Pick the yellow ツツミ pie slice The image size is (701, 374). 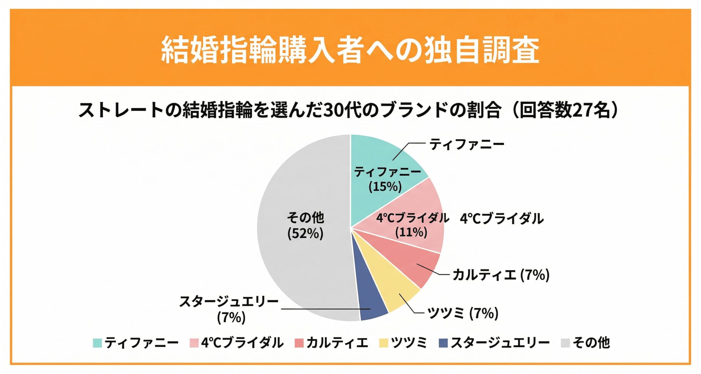point(394,293)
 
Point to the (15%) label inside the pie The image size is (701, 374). point(385,187)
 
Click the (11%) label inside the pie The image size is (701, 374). point(411,232)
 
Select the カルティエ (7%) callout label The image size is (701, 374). point(501,275)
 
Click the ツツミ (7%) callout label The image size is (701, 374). point(463,313)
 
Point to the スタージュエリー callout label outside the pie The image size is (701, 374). point(229,302)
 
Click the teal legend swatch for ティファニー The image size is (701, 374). point(97,343)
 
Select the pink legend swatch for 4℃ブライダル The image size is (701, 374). point(194,343)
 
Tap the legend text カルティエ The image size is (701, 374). point(337,343)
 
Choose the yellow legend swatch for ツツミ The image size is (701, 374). point(384,343)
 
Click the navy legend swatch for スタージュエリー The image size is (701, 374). point(443,343)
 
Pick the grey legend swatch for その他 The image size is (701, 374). point(565,343)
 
